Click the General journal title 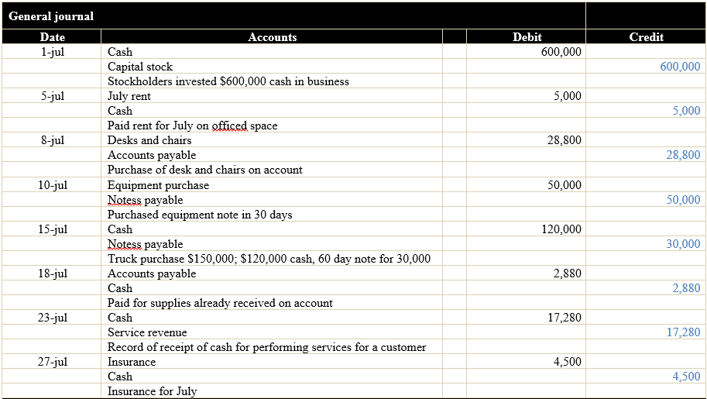pos(51,16)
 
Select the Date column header pos(53,37)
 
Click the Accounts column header pos(272,37)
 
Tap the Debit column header pos(527,37)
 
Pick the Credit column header pos(646,37)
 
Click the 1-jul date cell pos(53,52)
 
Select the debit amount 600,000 pos(561,52)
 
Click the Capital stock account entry pos(140,67)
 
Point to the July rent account pos(129,96)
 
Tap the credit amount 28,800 pos(683,155)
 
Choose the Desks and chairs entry pos(149,140)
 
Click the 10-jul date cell pos(53,185)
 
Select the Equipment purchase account pos(158,185)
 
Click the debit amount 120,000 pos(561,229)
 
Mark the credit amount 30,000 pos(683,244)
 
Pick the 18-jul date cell pos(53,273)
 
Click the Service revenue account pos(147,332)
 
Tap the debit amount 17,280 pos(564,318)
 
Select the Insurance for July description pos(152,391)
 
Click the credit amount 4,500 pos(686,377)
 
